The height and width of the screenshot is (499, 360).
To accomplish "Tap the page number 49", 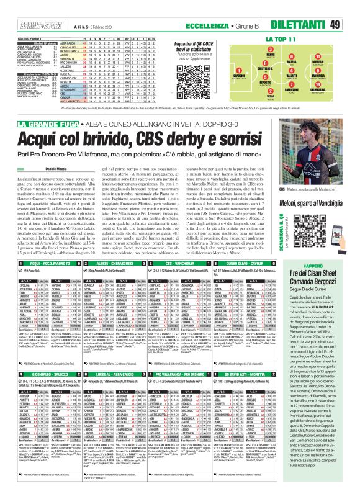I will point(351,7).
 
